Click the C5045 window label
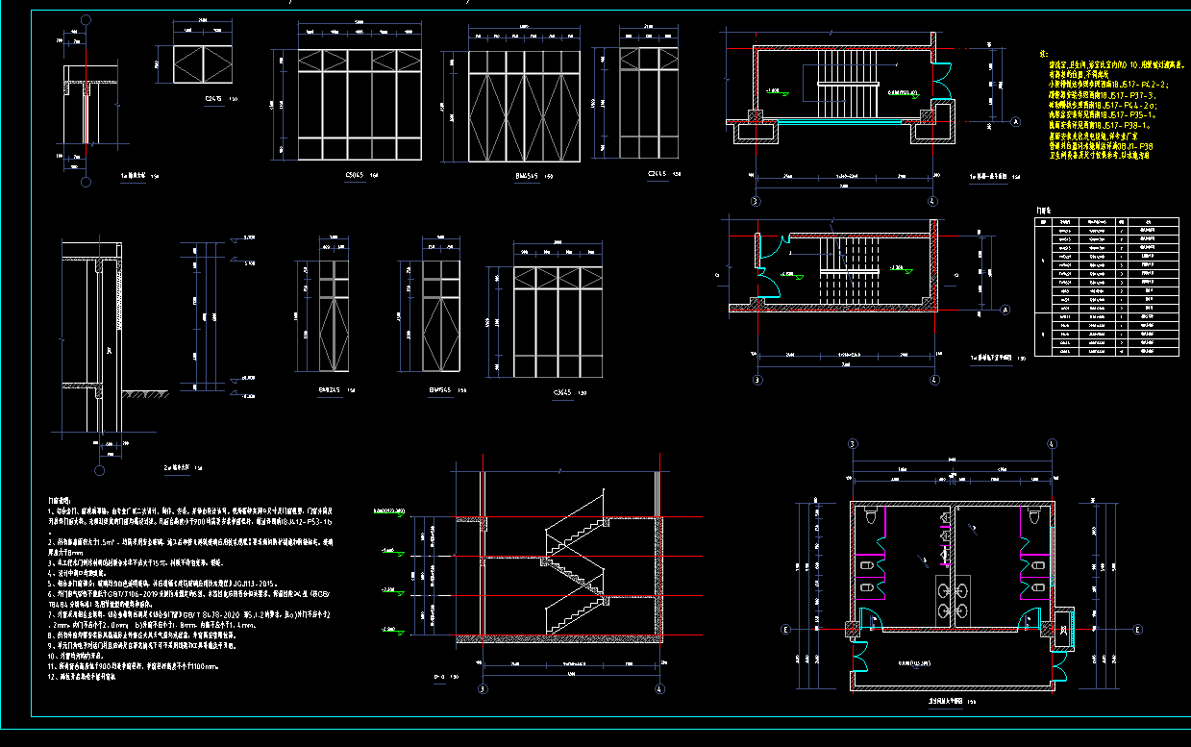(353, 175)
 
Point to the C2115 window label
(658, 174)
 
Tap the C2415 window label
(213, 99)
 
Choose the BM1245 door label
(330, 390)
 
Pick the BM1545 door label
(441, 390)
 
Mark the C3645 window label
(562, 392)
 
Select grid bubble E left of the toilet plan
(786, 630)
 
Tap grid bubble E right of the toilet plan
(1137, 630)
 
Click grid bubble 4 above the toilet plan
(1052, 444)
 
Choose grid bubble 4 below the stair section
(660, 688)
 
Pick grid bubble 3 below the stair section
(483, 688)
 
